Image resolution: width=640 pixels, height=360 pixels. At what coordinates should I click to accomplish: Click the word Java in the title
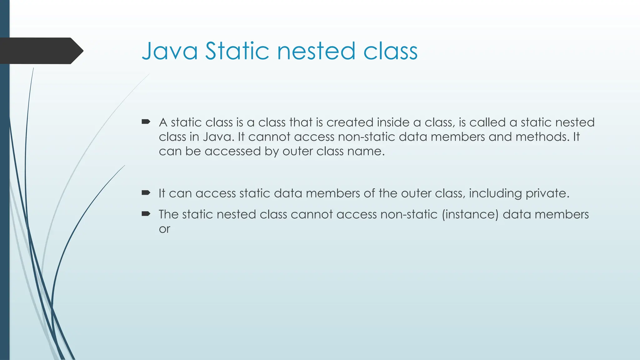pyautogui.click(x=170, y=51)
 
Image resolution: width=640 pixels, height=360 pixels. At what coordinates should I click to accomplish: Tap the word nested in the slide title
pyautogui.click(x=316, y=51)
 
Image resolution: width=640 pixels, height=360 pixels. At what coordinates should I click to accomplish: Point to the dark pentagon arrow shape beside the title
pyautogui.click(x=41, y=51)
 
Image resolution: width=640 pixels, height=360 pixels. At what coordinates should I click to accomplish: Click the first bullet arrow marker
pyautogui.click(x=146, y=122)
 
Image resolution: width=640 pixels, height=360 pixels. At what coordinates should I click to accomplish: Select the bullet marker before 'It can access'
pyautogui.click(x=146, y=192)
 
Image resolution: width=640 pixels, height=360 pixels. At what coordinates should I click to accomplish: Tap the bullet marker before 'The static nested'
pyautogui.click(x=146, y=214)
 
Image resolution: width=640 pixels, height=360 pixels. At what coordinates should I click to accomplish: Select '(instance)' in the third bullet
pyautogui.click(x=470, y=215)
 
